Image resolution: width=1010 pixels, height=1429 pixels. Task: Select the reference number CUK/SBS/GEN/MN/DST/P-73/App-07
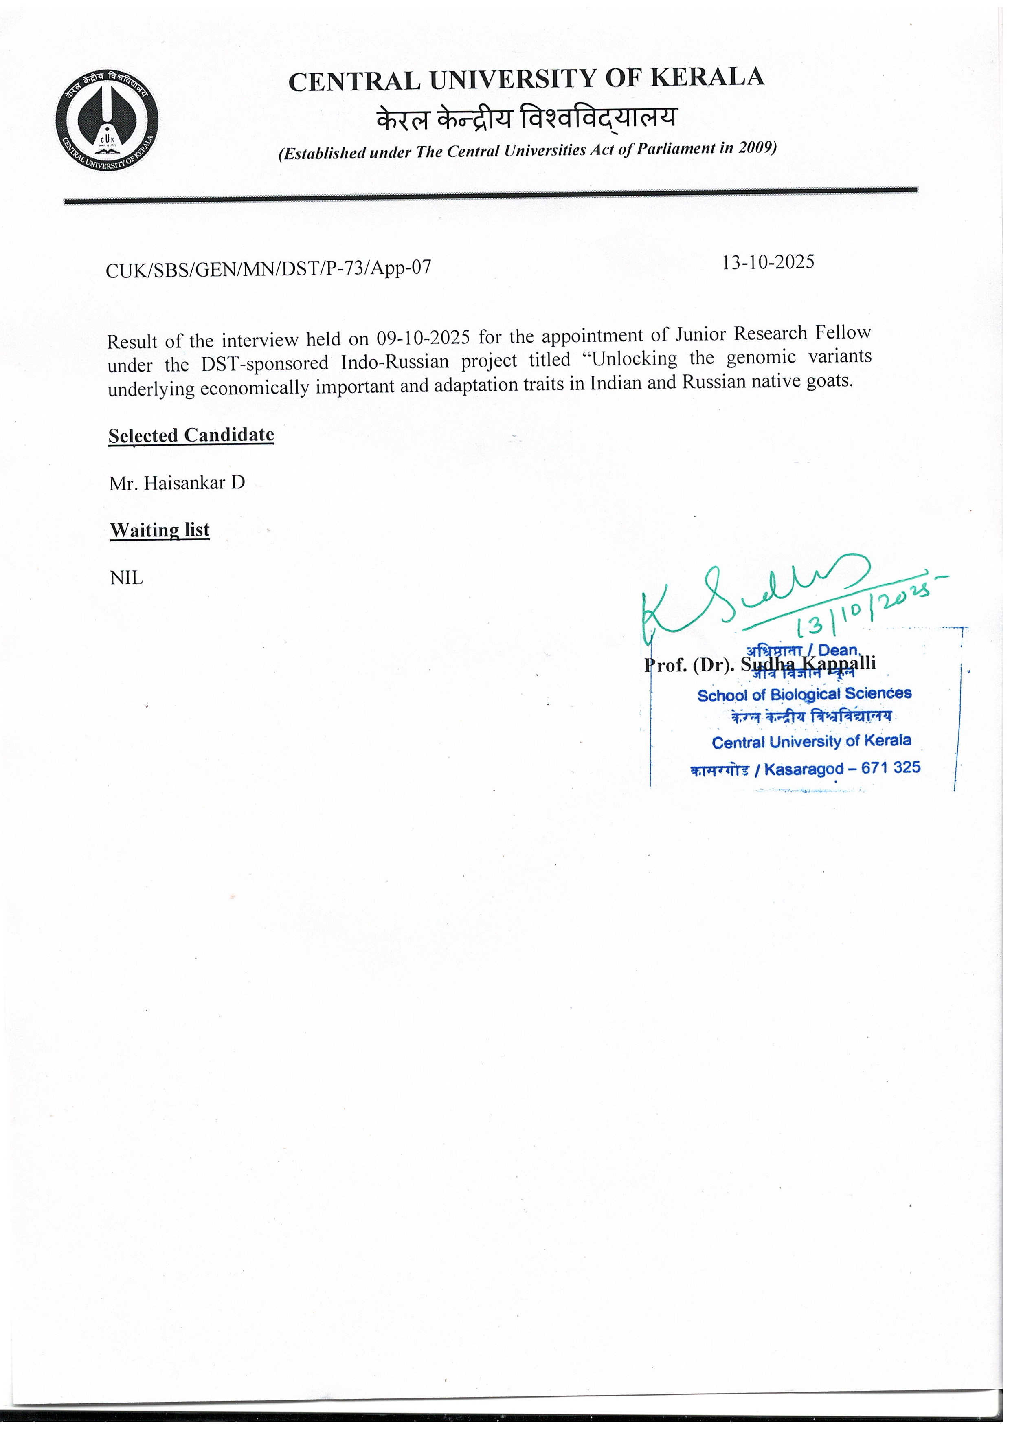[x=268, y=268]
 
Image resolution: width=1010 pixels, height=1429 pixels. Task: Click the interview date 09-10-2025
[x=423, y=338]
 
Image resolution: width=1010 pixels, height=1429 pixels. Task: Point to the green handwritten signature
[x=747, y=598]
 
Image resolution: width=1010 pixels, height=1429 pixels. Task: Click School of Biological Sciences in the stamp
[x=804, y=694]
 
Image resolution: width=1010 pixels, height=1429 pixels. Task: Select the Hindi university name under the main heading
[x=525, y=118]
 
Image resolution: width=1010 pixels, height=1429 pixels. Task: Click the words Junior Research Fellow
[x=773, y=334]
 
